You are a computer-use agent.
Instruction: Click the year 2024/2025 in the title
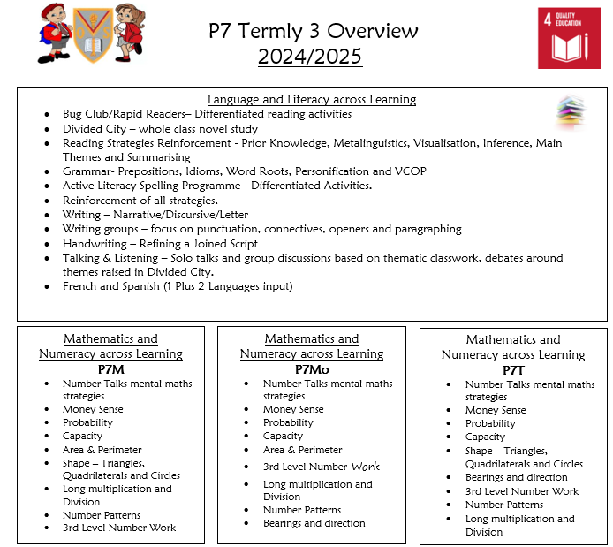point(311,57)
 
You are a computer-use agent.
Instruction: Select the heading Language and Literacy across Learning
point(312,100)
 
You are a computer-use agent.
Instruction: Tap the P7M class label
point(110,368)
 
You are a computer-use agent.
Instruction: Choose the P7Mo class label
point(312,368)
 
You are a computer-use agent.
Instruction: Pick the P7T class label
point(512,369)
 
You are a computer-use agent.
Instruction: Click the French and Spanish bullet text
point(177,286)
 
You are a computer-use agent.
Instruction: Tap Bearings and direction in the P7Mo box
point(314,523)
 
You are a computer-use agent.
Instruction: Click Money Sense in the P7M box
point(93,409)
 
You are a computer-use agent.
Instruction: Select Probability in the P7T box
point(490,423)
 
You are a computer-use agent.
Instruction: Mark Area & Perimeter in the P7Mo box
point(302,450)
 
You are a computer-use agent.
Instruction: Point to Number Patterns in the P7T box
point(505,505)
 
